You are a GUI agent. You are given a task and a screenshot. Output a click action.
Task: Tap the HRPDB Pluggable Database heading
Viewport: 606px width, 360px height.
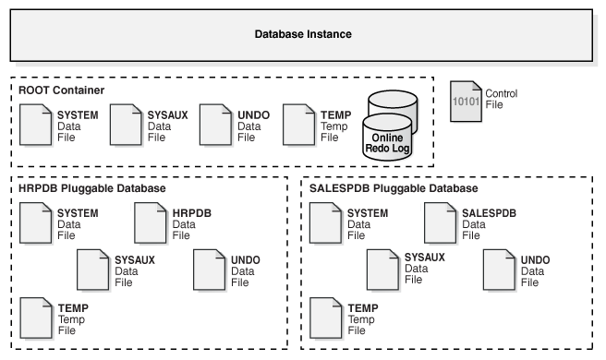[91, 188]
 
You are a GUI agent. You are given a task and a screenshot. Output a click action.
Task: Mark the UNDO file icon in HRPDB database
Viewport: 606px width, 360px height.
[210, 270]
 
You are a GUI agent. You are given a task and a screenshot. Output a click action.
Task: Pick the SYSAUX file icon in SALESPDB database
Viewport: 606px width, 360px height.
[383, 270]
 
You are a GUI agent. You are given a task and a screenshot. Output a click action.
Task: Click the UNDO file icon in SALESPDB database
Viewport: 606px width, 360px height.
[499, 270]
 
